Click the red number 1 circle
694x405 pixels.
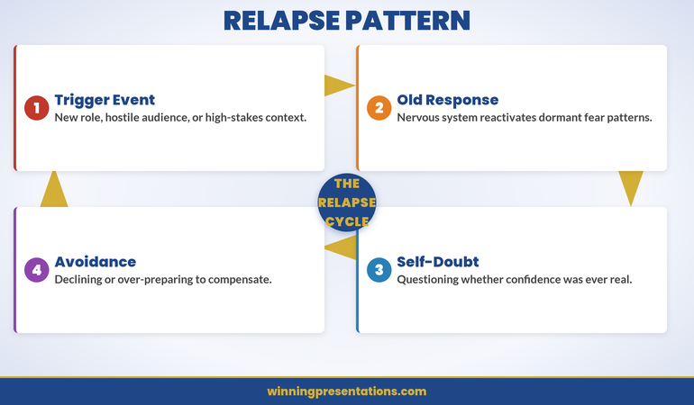36,108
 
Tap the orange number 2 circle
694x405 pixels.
379,108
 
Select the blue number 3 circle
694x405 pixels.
379,270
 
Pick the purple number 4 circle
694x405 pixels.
36,270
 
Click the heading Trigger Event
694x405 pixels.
105,100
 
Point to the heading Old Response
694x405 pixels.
447,100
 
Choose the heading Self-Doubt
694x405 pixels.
437,262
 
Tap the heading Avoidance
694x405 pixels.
95,262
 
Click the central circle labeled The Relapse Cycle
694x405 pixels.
347,202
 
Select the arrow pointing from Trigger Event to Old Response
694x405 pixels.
339,85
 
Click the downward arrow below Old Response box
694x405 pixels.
631,187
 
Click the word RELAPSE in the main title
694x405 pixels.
285,21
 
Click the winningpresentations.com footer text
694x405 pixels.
347,391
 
